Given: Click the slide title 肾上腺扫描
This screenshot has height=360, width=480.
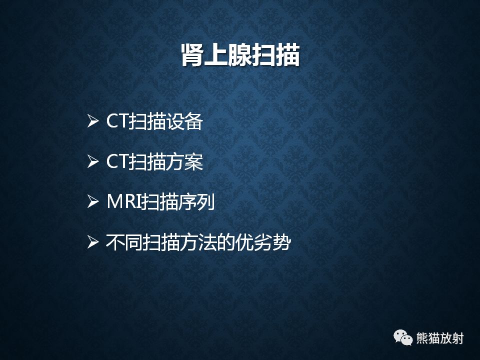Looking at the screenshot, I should (240, 55).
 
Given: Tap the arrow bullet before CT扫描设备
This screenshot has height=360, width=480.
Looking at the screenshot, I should (92, 121).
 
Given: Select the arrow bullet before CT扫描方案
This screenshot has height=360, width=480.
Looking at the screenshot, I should (92, 162).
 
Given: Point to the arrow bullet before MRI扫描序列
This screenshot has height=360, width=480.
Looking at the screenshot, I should (92, 203).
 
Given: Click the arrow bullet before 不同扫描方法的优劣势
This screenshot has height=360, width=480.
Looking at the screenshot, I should (92, 243).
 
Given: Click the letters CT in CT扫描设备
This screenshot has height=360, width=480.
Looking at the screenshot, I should (117, 121).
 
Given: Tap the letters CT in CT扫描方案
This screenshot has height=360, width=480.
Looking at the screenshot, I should (117, 162).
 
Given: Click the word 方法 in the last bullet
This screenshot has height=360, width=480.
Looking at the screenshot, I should (198, 243).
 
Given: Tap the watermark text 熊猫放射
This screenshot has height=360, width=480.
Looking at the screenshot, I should (440, 338).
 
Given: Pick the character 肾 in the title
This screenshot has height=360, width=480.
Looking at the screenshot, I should (192, 55).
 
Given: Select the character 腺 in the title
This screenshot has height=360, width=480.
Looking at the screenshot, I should (240, 55).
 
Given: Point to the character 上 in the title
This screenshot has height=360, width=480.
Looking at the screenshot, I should (216, 55).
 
